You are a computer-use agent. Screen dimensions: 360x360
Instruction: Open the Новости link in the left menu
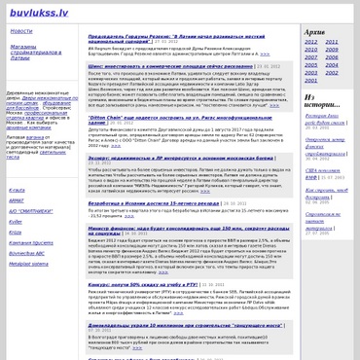tap(21, 31)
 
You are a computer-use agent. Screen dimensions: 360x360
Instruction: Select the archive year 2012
tap(310, 42)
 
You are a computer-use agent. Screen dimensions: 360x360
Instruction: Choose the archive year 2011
tap(333, 42)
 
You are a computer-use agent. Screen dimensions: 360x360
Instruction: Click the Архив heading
tap(314, 31)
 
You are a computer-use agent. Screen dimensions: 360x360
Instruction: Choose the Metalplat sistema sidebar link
tap(28, 262)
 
